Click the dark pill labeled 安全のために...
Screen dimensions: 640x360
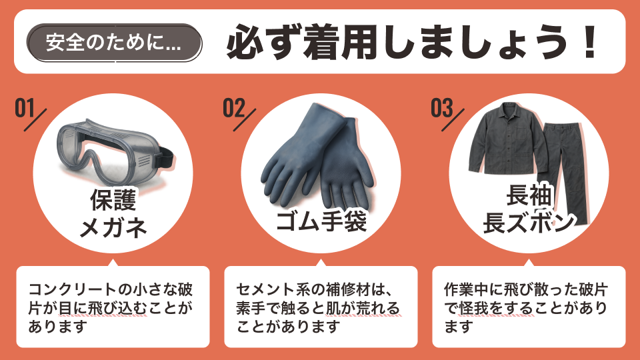114,43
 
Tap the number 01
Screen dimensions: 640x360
25,108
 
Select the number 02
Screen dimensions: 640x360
234,108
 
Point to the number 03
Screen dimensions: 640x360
442,108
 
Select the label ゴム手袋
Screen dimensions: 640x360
321,221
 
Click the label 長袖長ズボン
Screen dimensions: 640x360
529,209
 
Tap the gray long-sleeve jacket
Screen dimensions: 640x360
508,139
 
